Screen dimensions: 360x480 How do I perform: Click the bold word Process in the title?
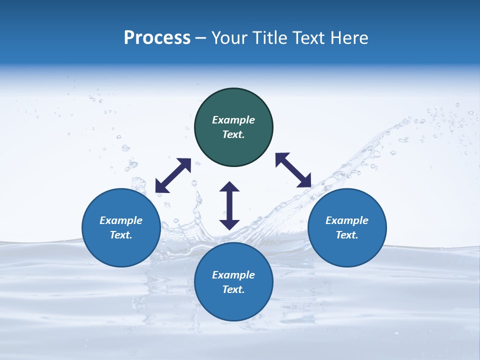click(157, 38)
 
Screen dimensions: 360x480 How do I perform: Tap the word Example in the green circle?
click(233, 120)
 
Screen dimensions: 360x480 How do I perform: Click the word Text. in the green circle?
click(233, 134)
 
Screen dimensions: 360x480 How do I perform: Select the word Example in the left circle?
click(121, 220)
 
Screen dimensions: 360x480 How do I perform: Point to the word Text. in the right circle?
click(347, 235)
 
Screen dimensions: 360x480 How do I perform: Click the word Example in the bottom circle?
click(233, 275)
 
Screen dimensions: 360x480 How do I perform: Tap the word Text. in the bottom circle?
click(233, 289)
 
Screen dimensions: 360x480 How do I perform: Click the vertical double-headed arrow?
click(229, 205)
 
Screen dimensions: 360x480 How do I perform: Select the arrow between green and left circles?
click(173, 175)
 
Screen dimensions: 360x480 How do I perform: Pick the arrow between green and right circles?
click(293, 170)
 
